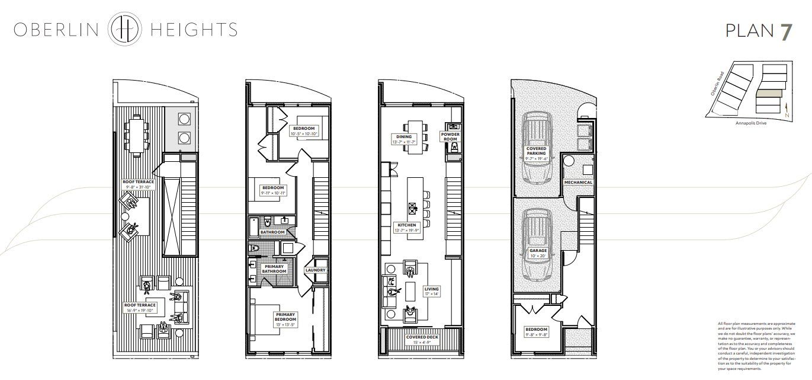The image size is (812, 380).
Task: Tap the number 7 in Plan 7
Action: tap(785, 31)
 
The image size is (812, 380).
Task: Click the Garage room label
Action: tap(537, 254)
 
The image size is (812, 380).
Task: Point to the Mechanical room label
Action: tap(578, 182)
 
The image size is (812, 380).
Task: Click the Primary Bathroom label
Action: tap(274, 269)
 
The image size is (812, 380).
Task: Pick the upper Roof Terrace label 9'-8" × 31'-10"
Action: tap(137, 184)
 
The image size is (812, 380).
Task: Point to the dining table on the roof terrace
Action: tap(134, 135)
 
